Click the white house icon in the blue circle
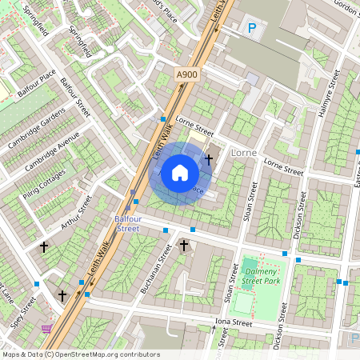coord(180,173)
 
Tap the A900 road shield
coord(186,74)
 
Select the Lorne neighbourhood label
coord(243,150)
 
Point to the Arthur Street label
coord(77,213)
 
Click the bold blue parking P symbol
coord(252,29)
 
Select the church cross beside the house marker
coord(209,159)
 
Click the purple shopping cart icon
coord(46,328)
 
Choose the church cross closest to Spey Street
coord(62,295)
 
